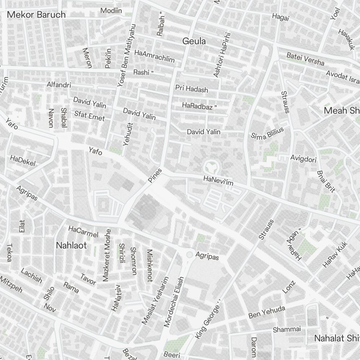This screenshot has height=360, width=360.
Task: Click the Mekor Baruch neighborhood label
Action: (x=36, y=15)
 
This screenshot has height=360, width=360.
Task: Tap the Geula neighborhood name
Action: (x=194, y=41)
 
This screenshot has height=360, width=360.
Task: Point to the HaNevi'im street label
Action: (x=218, y=181)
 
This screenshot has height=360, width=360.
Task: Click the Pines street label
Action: (x=155, y=175)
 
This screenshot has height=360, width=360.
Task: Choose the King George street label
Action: (x=208, y=321)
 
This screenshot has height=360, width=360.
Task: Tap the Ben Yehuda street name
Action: (x=266, y=312)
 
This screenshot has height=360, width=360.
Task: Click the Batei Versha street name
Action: (x=305, y=59)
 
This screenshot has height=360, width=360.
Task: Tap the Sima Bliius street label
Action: (x=267, y=133)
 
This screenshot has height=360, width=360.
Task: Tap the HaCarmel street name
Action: (x=83, y=232)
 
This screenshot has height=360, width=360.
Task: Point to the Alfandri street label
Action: (x=59, y=85)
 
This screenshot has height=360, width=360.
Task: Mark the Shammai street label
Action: (x=287, y=329)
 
